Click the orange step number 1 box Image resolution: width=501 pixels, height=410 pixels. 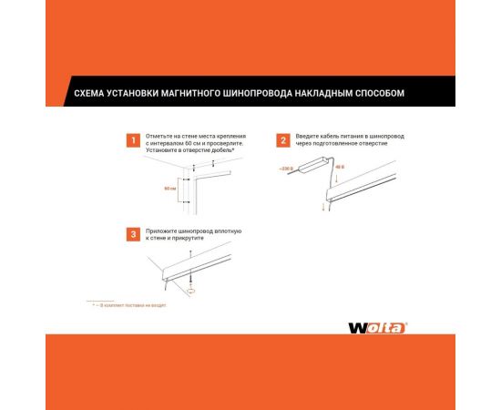pos(133,140)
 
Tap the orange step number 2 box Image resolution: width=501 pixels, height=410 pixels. pos(283,140)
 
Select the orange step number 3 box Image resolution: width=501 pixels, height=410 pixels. pos(133,234)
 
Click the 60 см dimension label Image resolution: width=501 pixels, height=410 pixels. pos(170,189)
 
